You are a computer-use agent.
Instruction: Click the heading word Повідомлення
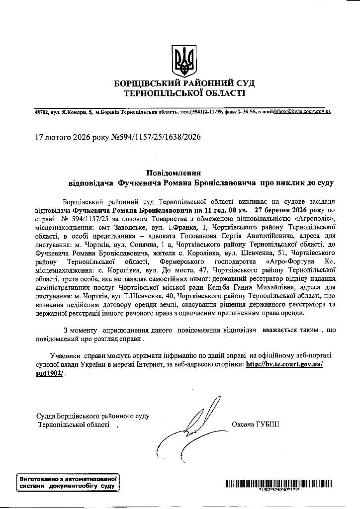click(171, 172)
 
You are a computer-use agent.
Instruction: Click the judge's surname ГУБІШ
click(269, 424)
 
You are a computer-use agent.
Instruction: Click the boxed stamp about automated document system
click(67, 482)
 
